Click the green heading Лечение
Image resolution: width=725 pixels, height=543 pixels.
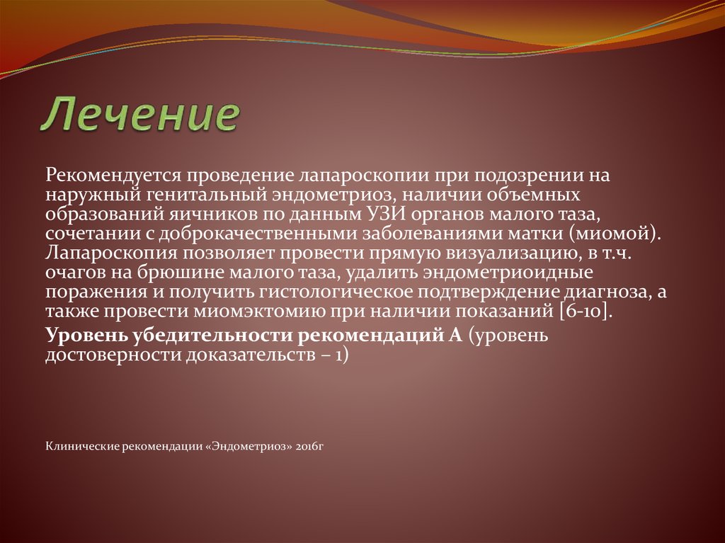pyautogui.click(x=142, y=115)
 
